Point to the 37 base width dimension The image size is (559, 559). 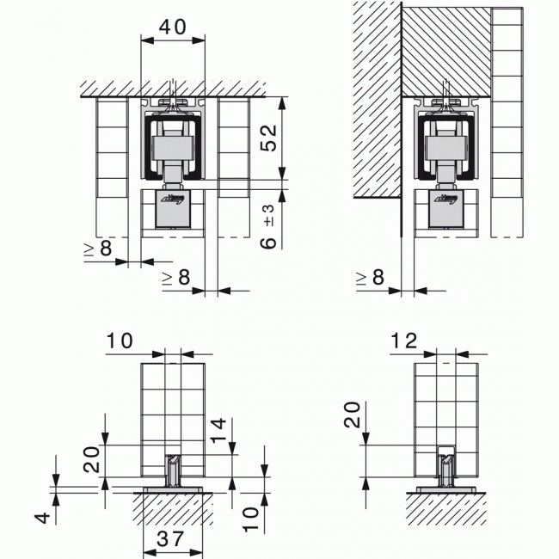pyautogui.click(x=172, y=539)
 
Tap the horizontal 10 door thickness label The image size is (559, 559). pyautogui.click(x=121, y=341)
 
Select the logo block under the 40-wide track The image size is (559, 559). pyautogui.click(x=173, y=207)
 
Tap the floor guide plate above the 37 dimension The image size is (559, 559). pyautogui.click(x=172, y=488)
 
